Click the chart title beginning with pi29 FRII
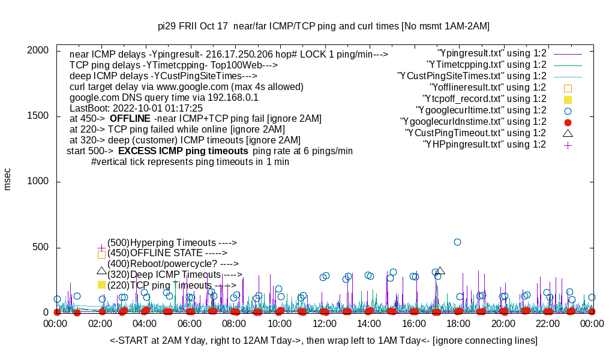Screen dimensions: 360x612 (323, 26)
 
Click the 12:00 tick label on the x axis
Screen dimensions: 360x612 (325, 323)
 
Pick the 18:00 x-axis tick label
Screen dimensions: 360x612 (458, 323)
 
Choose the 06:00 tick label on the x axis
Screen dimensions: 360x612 (190, 323)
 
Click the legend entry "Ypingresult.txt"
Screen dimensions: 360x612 (491, 53)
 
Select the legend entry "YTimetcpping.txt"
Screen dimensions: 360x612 (486, 65)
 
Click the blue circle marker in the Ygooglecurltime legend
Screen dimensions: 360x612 (568, 110)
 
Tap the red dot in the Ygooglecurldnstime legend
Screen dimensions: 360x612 (568, 122)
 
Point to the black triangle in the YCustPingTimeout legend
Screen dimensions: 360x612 (568, 133)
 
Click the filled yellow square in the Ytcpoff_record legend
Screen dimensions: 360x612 (568, 99)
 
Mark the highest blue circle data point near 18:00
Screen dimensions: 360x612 (457, 242)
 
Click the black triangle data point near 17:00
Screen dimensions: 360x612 (440, 271)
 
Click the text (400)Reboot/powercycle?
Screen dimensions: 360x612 (173, 263)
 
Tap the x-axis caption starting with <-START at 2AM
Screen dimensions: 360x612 (323, 341)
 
